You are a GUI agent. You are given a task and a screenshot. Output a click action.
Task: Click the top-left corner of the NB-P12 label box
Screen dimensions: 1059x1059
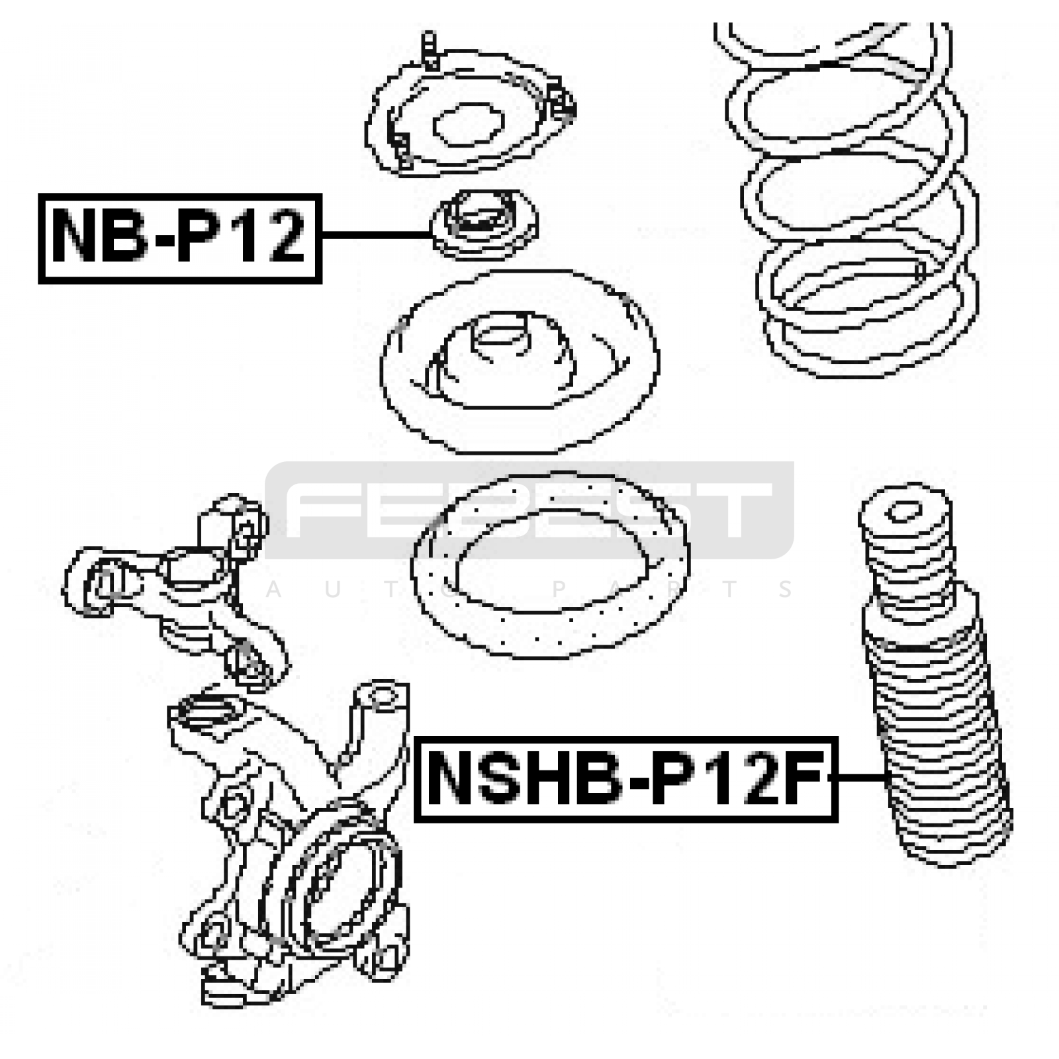coord(39,195)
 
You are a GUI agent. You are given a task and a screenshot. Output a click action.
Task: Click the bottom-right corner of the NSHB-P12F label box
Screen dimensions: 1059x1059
coord(837,821)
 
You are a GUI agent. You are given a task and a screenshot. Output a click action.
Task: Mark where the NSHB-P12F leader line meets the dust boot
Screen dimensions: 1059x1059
coord(886,777)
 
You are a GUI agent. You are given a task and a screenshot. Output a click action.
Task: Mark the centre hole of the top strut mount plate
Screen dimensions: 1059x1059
coord(469,122)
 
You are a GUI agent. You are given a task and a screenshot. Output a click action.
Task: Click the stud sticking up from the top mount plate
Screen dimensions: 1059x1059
coord(430,50)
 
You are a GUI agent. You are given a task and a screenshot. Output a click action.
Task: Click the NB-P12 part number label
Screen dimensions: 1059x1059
coord(180,238)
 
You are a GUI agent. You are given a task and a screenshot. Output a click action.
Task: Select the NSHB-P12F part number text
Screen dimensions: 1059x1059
coord(626,778)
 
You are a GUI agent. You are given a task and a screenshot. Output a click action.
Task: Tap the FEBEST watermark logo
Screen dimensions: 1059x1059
coord(529,510)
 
